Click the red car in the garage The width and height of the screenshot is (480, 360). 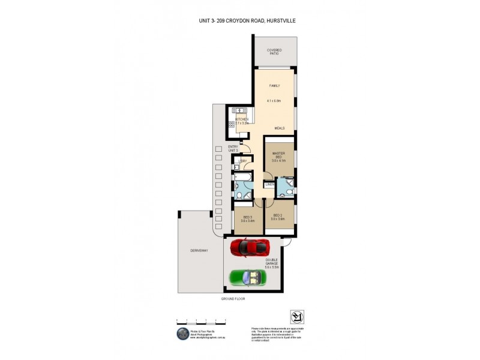pos(251,247)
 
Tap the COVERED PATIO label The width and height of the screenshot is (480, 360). pos(274,52)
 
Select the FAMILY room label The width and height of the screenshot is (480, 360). pos(274,86)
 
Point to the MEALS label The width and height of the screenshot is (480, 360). pos(280,128)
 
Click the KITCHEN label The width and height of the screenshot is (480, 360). pos(242,120)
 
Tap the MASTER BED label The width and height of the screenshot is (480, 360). pos(278,155)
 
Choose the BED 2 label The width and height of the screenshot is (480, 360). pos(277,216)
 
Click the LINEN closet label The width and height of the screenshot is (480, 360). pos(269,184)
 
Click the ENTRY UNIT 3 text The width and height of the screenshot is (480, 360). pos(233,148)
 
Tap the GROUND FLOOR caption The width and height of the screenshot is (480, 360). pos(233,299)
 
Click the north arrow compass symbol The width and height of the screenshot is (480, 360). pos(296,317)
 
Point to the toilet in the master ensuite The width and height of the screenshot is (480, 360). pos(288,193)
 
